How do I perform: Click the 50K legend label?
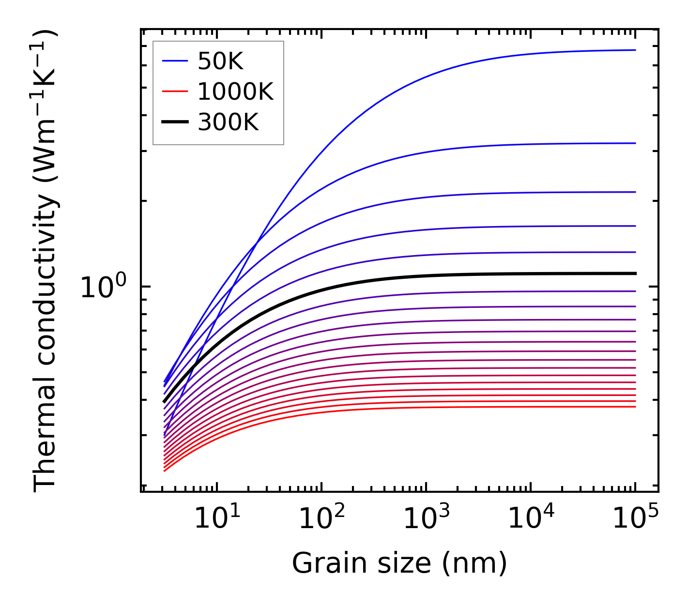(220, 61)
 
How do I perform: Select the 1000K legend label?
(235, 92)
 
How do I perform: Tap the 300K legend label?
(228, 122)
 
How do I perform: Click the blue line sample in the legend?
(175, 61)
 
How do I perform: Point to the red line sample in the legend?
(175, 91)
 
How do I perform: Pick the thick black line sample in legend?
(175, 122)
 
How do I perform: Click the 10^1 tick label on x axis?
(217, 518)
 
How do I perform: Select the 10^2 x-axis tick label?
(321, 518)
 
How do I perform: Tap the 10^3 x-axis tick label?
(426, 518)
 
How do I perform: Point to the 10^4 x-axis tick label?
(531, 518)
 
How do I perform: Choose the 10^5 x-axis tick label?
(635, 518)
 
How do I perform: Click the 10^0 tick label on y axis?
(103, 287)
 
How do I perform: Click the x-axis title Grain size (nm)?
(399, 563)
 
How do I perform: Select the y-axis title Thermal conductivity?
(46, 260)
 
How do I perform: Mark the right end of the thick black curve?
(635, 273)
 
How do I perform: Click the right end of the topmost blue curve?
(635, 50)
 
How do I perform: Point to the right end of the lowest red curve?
(635, 407)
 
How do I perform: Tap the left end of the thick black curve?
(165, 401)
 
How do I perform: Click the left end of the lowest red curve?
(165, 470)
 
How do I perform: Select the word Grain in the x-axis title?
(318, 563)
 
